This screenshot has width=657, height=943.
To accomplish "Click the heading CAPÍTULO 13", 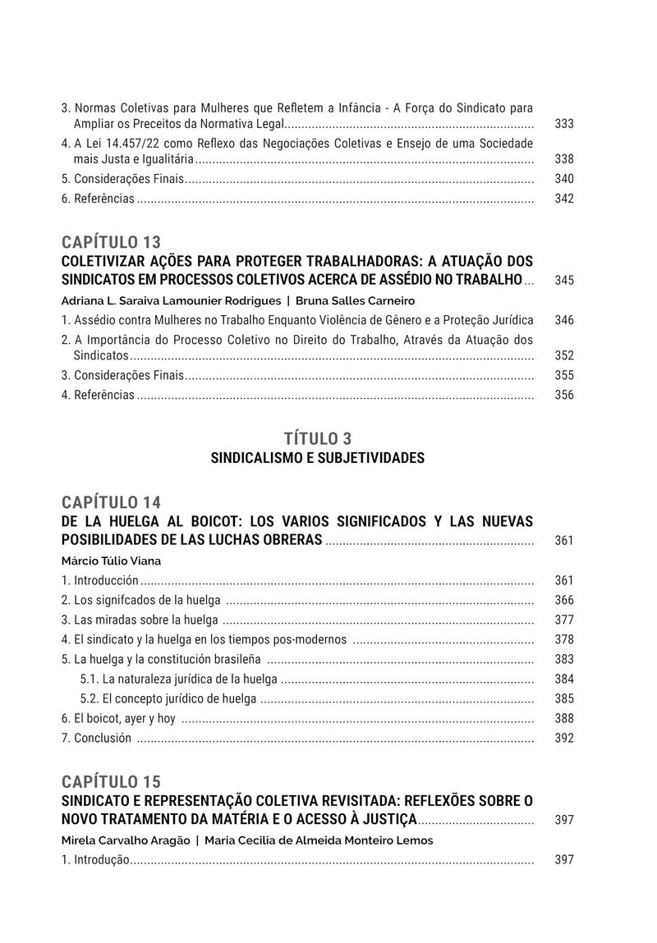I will pyautogui.click(x=111, y=242).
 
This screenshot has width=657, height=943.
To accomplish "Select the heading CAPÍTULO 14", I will pyautogui.click(x=111, y=502).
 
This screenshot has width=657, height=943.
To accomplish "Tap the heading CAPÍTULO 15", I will pyautogui.click(x=111, y=781).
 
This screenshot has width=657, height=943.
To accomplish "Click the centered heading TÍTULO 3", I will pyautogui.click(x=317, y=438).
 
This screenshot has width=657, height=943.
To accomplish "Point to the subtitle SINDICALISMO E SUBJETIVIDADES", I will pyautogui.click(x=317, y=458).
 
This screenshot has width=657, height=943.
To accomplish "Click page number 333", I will pyautogui.click(x=564, y=124).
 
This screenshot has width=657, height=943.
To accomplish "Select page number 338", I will pyautogui.click(x=564, y=159).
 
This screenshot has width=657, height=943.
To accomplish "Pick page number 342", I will pyautogui.click(x=564, y=199).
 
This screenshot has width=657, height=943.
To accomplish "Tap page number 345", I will pyautogui.click(x=564, y=281).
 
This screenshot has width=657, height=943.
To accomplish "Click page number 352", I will pyautogui.click(x=564, y=355).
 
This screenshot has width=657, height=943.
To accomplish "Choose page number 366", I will pyautogui.click(x=564, y=600).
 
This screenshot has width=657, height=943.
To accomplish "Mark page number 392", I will pyautogui.click(x=564, y=738).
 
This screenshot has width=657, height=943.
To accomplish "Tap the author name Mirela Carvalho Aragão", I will pyautogui.click(x=125, y=840).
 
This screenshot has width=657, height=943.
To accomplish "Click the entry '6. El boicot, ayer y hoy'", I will pyautogui.click(x=119, y=718).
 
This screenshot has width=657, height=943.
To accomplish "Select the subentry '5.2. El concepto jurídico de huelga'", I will pyautogui.click(x=168, y=698).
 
